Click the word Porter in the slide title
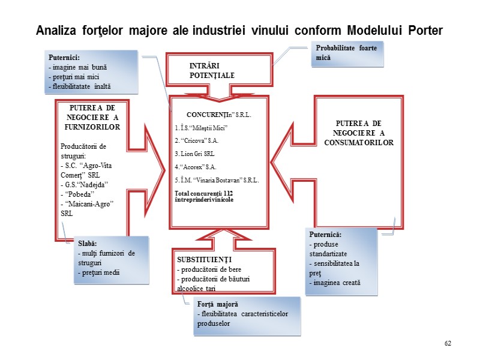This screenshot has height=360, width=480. (420, 30)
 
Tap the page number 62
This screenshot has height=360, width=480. (448, 343)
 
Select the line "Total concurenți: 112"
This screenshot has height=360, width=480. (203, 193)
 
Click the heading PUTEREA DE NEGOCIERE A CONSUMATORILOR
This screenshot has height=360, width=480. (358, 133)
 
